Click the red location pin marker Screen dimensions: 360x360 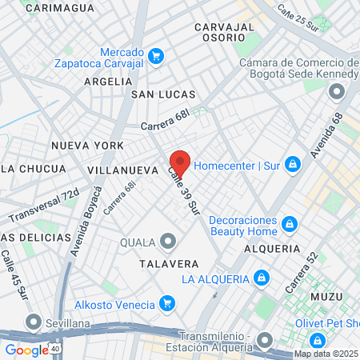tap(180, 162)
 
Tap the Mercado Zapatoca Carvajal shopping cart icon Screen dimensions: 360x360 tap(156, 56)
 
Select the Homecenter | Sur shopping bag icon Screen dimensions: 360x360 tap(293, 165)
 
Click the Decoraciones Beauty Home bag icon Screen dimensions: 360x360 tap(289, 223)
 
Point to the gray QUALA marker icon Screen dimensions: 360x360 tap(167, 241)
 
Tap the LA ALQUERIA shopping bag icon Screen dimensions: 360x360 tap(260, 278)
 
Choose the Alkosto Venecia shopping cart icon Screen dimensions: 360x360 tap(167, 302)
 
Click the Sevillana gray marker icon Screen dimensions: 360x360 tap(33, 322)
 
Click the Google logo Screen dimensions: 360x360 tap(26, 350)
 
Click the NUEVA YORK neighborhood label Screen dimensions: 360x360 tap(87, 146)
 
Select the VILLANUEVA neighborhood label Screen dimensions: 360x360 tap(122, 170)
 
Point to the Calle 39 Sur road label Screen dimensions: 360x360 tap(183, 191)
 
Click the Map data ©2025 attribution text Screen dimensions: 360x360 tap(326, 354)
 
